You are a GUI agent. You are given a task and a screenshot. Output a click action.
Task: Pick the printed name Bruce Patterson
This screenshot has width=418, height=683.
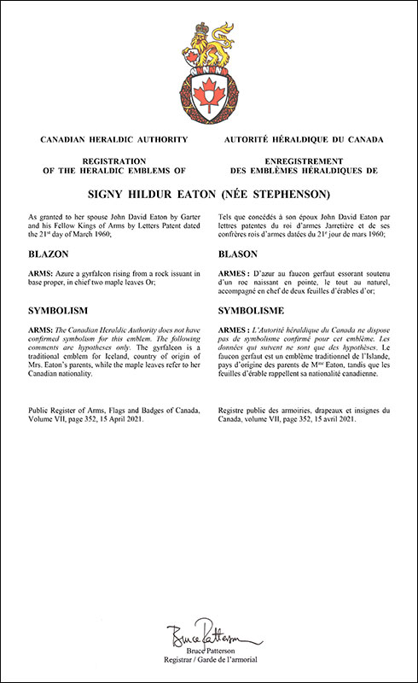coord(208,654)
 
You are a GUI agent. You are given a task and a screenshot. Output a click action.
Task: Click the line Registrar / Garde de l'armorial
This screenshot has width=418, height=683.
coord(208,664)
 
